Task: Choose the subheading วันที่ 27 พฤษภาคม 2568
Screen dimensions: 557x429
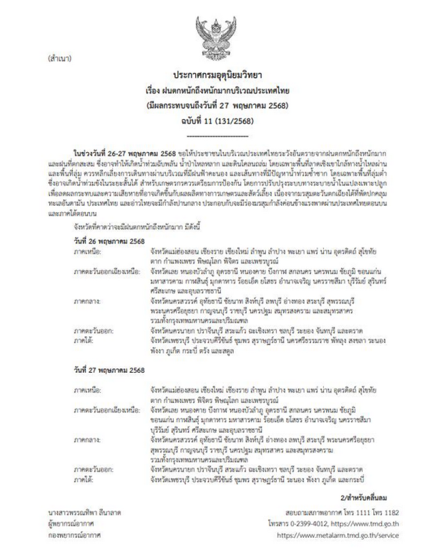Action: coord(106,370)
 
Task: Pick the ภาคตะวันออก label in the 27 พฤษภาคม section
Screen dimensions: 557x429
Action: coord(94,470)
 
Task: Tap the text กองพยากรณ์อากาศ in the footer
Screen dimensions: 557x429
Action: coord(75,535)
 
